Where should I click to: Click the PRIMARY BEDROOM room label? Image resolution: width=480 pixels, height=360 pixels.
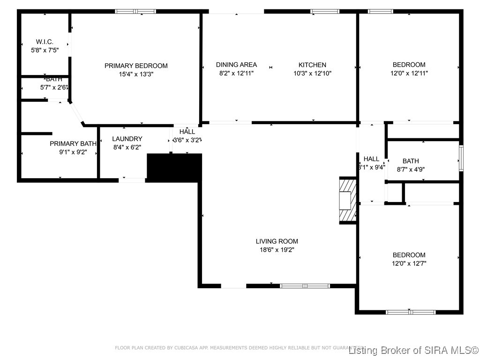pos(136,66)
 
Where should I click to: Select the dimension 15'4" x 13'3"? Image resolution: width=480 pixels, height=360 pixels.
pos(136,74)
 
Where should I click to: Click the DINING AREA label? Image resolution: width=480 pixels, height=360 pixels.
pos(236,65)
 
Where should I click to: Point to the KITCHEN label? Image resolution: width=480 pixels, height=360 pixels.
pos(312,65)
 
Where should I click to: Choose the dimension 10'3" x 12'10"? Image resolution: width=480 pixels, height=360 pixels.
pos(312,73)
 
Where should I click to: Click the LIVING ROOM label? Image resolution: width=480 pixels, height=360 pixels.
pos(277,241)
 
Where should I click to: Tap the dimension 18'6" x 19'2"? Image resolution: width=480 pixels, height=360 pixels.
pos(277,250)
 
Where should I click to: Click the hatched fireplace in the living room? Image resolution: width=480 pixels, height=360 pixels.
pos(347,201)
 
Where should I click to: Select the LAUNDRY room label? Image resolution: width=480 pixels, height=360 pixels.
pos(127,139)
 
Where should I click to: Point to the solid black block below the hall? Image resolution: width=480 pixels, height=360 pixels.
pos(174,167)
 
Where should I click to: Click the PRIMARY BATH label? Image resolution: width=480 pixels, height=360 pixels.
pos(73,143)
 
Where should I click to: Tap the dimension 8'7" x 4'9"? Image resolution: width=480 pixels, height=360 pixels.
pos(411,169)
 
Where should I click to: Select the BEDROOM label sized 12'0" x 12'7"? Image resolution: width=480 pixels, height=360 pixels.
pos(409,255)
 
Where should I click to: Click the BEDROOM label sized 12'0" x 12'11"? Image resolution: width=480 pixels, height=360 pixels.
pos(409,65)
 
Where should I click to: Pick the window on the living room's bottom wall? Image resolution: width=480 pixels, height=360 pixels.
pos(298,285)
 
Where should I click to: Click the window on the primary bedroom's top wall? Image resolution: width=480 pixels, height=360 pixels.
pos(135,11)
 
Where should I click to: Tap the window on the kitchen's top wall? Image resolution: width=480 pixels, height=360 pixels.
pos(325,11)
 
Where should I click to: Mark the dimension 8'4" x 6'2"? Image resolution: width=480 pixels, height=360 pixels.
pos(127,147)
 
